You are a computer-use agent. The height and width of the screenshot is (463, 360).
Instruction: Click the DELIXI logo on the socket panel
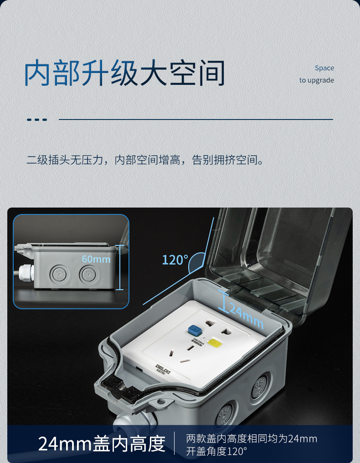[x=162, y=368]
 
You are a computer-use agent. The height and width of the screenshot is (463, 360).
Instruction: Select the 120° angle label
[x=175, y=260]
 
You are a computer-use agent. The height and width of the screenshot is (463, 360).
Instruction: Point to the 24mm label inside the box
[x=246, y=316]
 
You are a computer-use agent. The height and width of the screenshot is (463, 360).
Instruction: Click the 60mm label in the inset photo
[x=96, y=259]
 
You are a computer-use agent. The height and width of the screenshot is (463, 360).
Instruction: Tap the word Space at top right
[x=324, y=68]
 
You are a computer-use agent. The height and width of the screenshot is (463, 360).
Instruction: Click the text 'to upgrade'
[x=317, y=80]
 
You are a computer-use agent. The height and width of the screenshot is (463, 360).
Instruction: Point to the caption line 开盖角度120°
[x=216, y=452]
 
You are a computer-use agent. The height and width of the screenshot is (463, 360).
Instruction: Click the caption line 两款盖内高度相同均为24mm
[x=252, y=439]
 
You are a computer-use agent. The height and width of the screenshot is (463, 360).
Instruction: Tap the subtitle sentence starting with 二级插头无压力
[x=145, y=160]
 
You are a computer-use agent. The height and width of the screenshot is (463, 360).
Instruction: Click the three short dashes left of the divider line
[x=37, y=120]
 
